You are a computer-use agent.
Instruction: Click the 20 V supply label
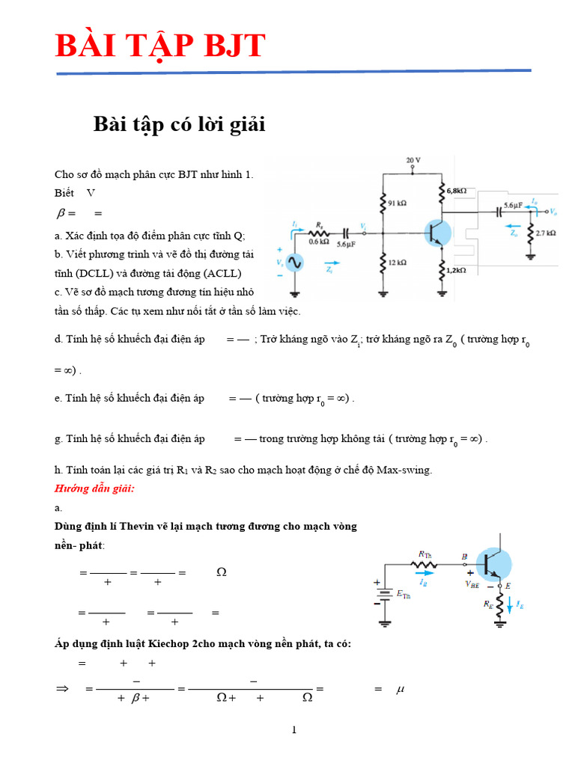coord(414,161)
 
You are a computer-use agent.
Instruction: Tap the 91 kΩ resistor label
coord(397,203)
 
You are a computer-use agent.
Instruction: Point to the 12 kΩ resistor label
coord(397,263)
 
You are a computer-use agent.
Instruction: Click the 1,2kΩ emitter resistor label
coord(457,269)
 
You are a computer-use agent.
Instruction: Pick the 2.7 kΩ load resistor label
coord(546,233)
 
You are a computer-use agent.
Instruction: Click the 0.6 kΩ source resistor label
coord(318,242)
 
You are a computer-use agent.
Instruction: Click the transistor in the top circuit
coord(436,233)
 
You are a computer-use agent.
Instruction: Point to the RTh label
coord(425,554)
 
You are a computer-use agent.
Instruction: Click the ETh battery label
coord(403,595)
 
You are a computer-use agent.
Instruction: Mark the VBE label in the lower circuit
coord(473,583)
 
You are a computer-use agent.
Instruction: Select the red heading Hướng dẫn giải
coord(94,488)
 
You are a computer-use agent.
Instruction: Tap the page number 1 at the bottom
coord(294,730)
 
